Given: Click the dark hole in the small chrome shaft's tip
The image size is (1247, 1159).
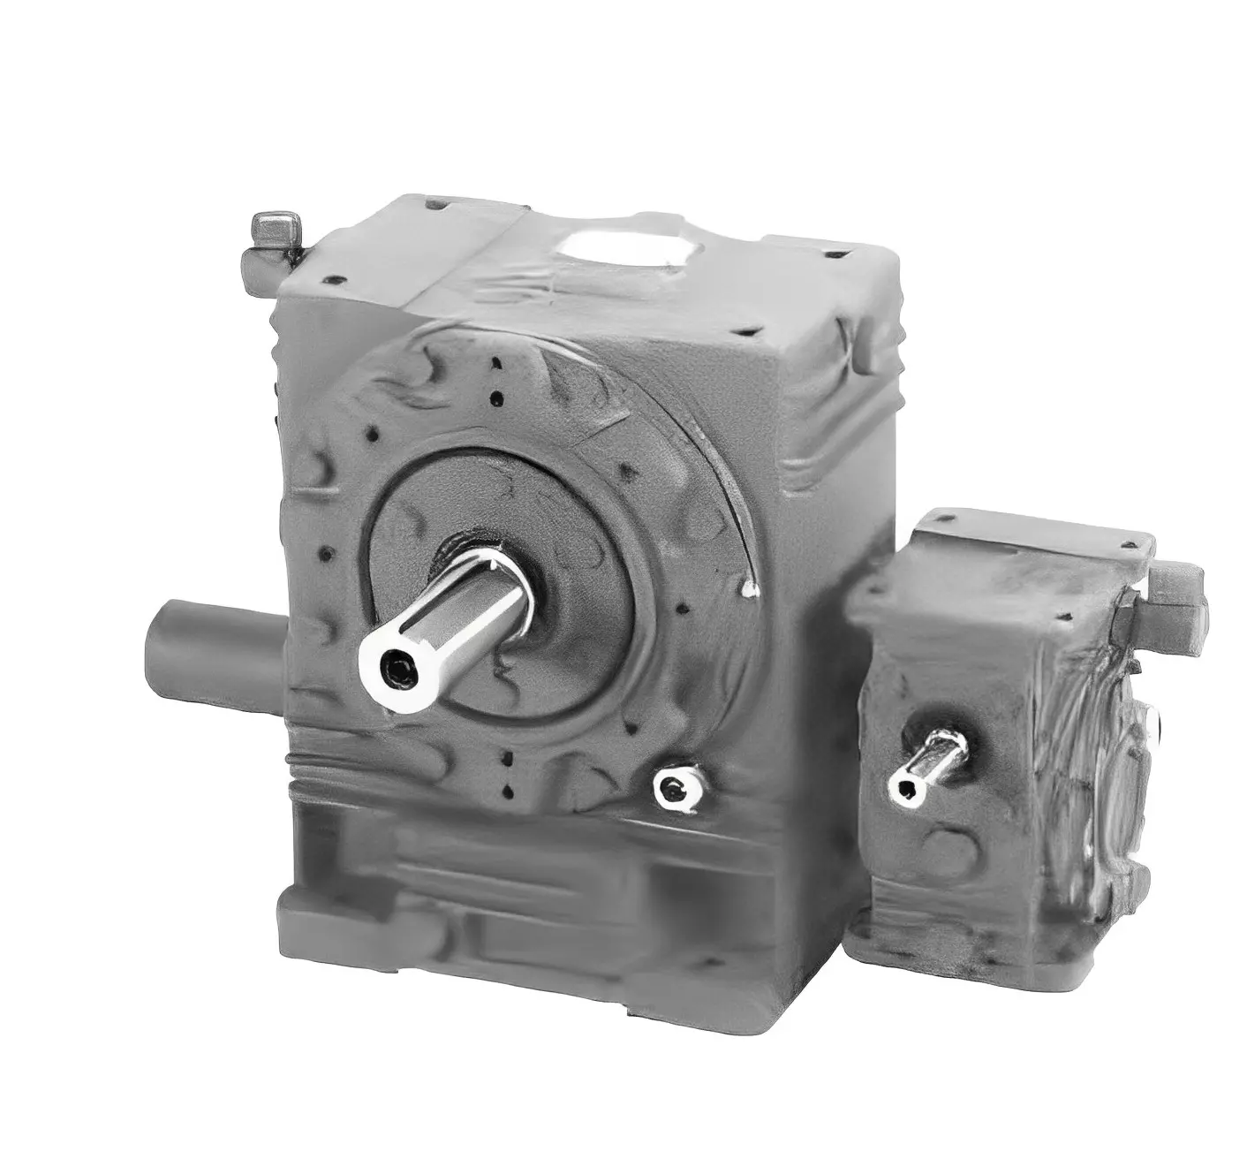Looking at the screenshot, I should point(904,789).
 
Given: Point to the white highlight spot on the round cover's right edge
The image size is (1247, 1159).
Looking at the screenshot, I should point(752,587).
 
